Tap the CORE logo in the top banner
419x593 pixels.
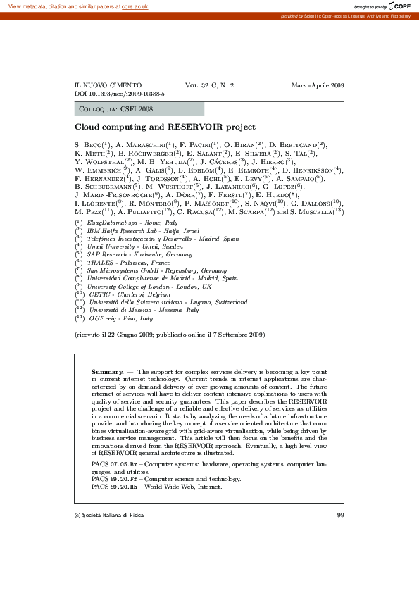click(399, 6)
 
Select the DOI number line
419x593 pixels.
click(120, 93)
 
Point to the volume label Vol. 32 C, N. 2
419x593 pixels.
click(209, 85)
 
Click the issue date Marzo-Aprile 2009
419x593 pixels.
click(318, 85)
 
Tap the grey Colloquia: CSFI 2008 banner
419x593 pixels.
click(139, 109)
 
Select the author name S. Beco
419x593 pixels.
click(90, 144)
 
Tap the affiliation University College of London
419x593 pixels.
click(133, 287)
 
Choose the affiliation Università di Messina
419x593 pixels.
click(123, 310)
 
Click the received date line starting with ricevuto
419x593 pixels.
click(170, 335)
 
